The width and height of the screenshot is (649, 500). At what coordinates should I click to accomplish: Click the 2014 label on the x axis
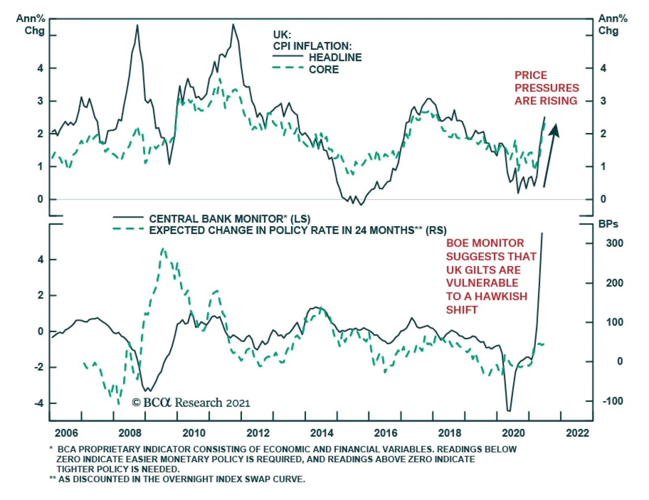[322, 433]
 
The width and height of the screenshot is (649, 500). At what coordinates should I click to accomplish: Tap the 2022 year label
[577, 433]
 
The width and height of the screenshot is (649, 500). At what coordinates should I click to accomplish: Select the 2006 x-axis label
[66, 433]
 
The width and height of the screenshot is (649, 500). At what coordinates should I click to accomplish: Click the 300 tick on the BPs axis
[615, 243]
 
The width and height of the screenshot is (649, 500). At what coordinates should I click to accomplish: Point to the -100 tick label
[612, 401]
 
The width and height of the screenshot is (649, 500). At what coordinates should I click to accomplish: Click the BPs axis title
[608, 224]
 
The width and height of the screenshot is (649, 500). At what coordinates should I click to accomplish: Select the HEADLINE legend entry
[335, 58]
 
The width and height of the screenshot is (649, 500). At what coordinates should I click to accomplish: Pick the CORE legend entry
[324, 70]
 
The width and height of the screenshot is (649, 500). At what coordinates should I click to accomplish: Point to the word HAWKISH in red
[501, 296]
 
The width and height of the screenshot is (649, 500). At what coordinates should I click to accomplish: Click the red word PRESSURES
[546, 88]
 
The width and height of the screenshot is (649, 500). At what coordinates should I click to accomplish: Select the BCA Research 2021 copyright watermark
[191, 403]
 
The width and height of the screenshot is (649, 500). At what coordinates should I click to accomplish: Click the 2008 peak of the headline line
[137, 26]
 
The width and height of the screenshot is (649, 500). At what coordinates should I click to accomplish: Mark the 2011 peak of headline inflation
[233, 24]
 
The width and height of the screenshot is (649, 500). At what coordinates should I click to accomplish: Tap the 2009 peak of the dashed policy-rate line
[163, 248]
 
